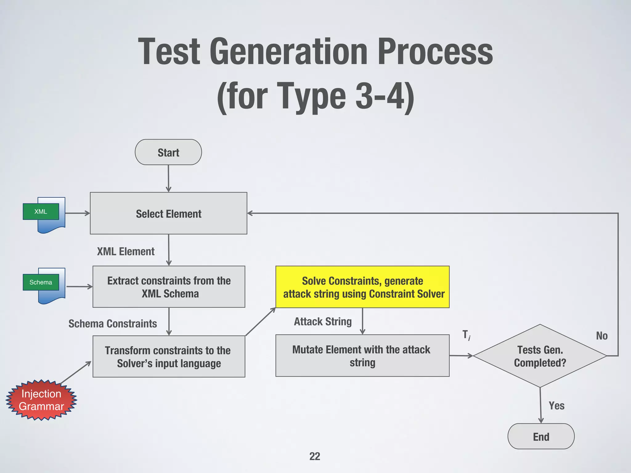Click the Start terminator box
click(x=168, y=152)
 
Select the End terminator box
click(x=541, y=436)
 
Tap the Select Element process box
click(x=169, y=213)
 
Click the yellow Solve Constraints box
click(x=362, y=287)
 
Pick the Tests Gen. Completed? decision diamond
click(x=540, y=356)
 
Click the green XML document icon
click(x=41, y=212)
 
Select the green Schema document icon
click(x=41, y=282)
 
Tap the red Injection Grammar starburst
click(x=41, y=400)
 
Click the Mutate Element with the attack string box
click(x=362, y=356)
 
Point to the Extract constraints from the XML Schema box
click(x=169, y=287)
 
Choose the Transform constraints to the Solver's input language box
click(x=169, y=357)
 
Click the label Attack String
click(x=323, y=321)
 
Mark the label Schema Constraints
click(x=112, y=324)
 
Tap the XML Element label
click(x=126, y=252)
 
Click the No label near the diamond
click(x=601, y=336)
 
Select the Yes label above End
click(x=556, y=406)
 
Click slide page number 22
click(x=315, y=456)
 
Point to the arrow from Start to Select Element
click(x=168, y=179)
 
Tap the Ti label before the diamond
click(x=466, y=335)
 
